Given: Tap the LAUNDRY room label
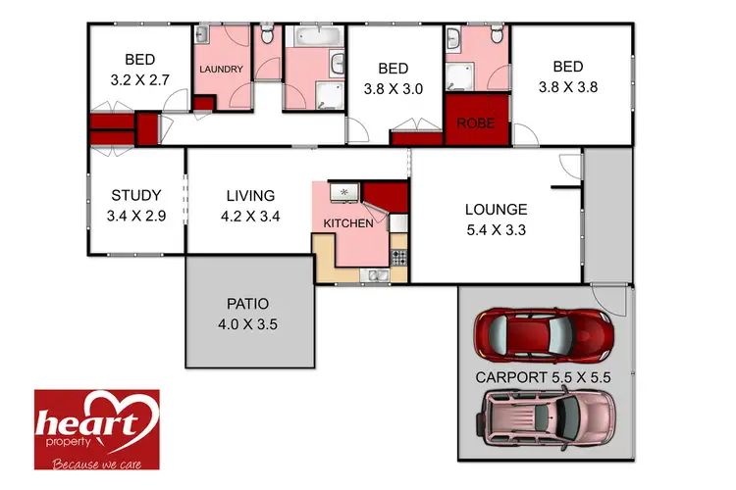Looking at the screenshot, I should tap(221, 71).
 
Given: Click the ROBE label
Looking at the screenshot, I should tap(476, 124).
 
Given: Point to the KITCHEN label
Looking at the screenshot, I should tap(348, 223).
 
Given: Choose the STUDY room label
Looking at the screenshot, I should tap(135, 195).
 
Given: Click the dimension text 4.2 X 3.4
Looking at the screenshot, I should tap(250, 217).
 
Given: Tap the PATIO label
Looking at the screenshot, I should tap(247, 304).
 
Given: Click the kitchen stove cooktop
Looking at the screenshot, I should tap(399, 258).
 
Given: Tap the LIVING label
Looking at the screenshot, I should tap(250, 195).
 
